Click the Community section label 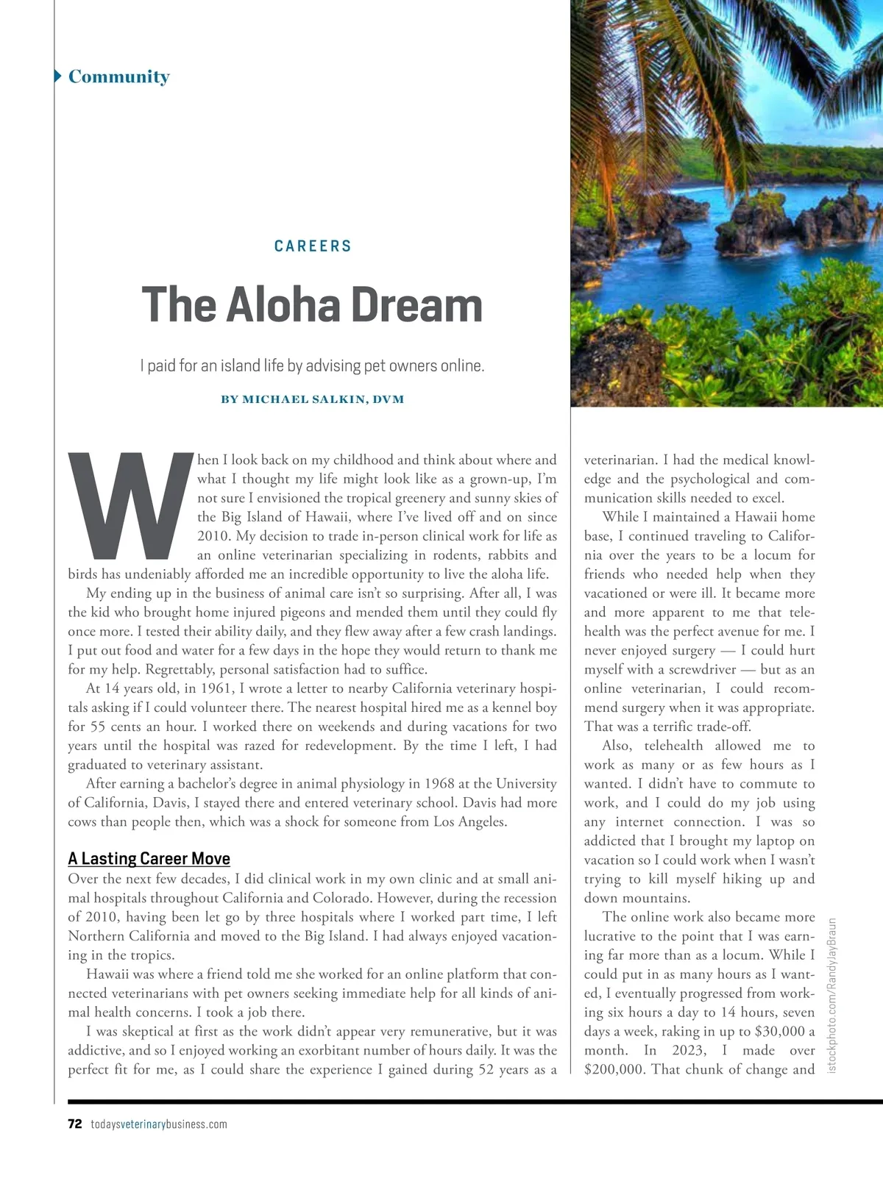(118, 76)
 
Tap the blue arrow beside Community (57, 76)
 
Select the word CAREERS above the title (313, 246)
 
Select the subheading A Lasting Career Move (149, 858)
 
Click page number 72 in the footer (74, 1124)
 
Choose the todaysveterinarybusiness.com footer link (159, 1124)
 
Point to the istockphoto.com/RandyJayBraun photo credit (833, 995)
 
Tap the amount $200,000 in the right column (614, 1069)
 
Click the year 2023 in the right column (689, 1050)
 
